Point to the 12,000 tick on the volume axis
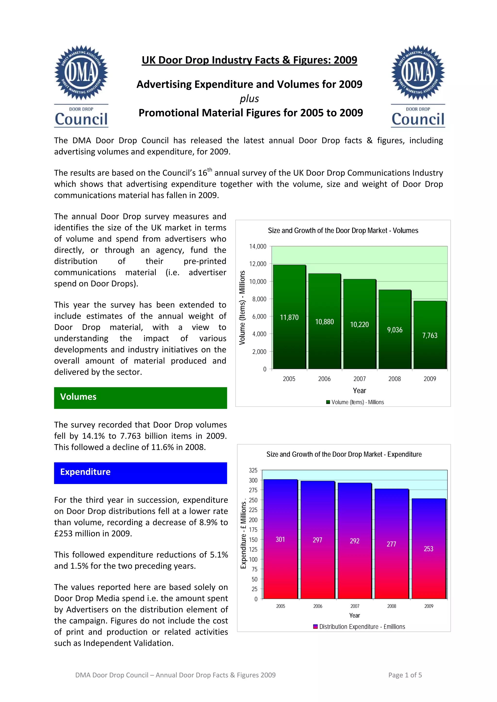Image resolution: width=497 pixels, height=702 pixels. pyautogui.click(x=258, y=264)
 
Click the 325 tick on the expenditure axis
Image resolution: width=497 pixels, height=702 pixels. pyautogui.click(x=253, y=470)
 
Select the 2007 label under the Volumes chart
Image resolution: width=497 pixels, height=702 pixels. pyautogui.click(x=359, y=379)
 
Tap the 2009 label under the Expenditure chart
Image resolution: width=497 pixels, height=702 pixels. pyautogui.click(x=429, y=606)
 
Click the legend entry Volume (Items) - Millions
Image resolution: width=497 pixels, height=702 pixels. pyautogui.click(x=355, y=402)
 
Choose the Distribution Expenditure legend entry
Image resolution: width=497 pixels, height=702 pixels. pyautogui.click(x=359, y=626)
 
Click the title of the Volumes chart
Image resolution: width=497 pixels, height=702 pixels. pyautogui.click(x=343, y=231)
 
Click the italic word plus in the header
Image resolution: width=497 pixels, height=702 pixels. pyautogui.click(x=249, y=99)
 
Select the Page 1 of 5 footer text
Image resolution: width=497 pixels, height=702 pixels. pyautogui.click(x=405, y=675)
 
